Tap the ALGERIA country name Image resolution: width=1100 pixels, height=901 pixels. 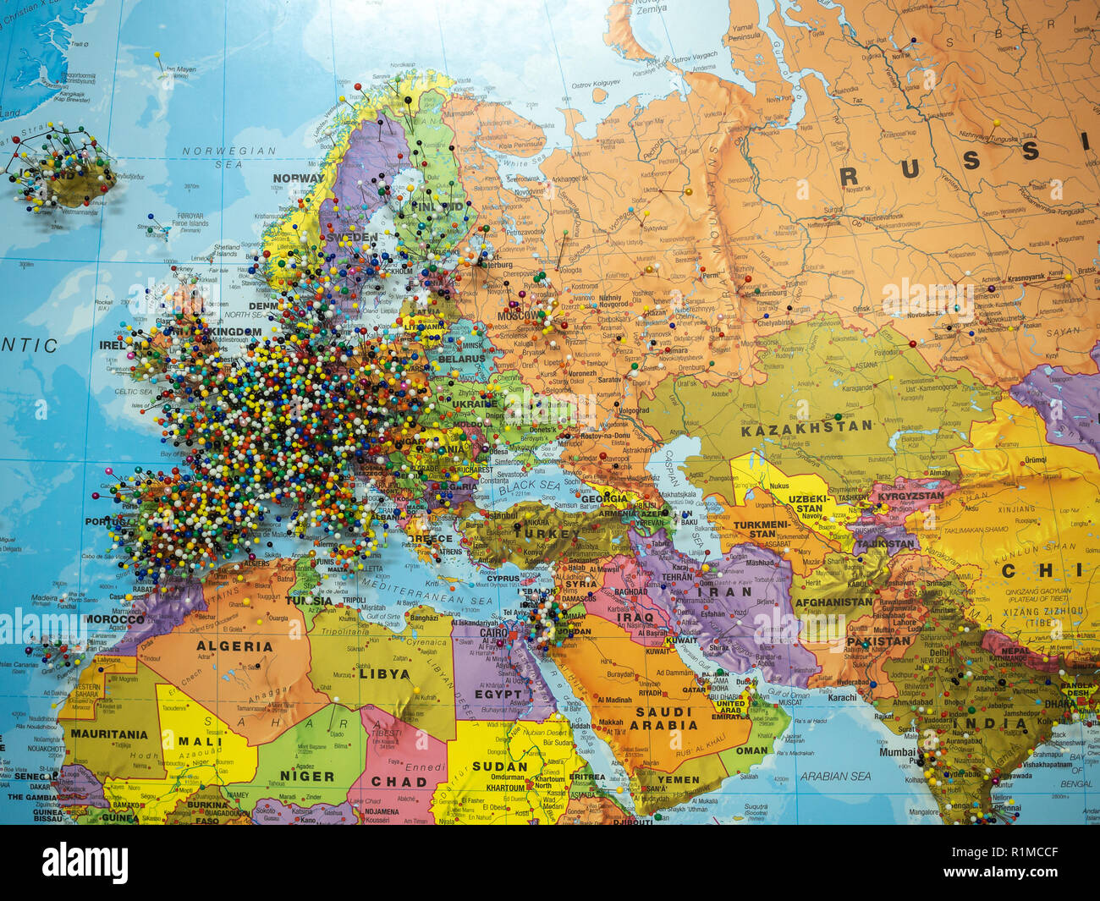click(x=234, y=646)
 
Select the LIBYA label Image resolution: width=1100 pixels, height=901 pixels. click(x=384, y=674)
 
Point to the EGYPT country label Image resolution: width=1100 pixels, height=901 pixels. click(x=498, y=694)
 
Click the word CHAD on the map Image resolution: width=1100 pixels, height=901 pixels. click(x=399, y=782)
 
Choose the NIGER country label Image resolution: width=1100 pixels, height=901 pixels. click(x=306, y=776)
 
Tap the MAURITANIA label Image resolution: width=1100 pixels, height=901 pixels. click(x=109, y=734)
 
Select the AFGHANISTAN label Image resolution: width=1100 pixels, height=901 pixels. click(x=833, y=602)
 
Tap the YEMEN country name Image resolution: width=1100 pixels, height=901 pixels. click(x=678, y=779)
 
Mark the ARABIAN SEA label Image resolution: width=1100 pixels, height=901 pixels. click(x=836, y=775)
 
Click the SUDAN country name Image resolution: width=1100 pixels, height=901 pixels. click(x=499, y=766)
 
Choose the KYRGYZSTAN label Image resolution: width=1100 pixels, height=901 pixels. click(x=910, y=496)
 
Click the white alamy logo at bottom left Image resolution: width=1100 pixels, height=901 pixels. click(x=85, y=863)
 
